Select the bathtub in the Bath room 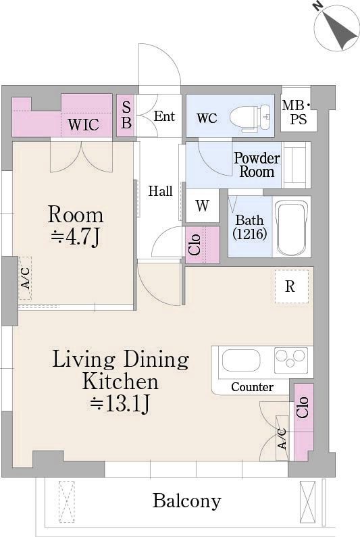click(x=292, y=227)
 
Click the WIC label click(x=83, y=124)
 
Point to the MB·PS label click(x=297, y=112)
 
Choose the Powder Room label click(x=257, y=165)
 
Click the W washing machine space click(x=203, y=205)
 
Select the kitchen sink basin click(x=241, y=360)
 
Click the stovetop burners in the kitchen click(x=291, y=360)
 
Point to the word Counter click(x=252, y=387)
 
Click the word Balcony click(x=186, y=501)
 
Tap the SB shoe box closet click(x=126, y=116)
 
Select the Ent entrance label click(x=164, y=116)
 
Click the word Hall click(x=160, y=191)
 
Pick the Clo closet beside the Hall click(x=202, y=245)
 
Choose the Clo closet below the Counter click(x=303, y=422)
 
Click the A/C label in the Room click(x=25, y=278)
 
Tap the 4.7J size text click(x=76, y=236)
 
